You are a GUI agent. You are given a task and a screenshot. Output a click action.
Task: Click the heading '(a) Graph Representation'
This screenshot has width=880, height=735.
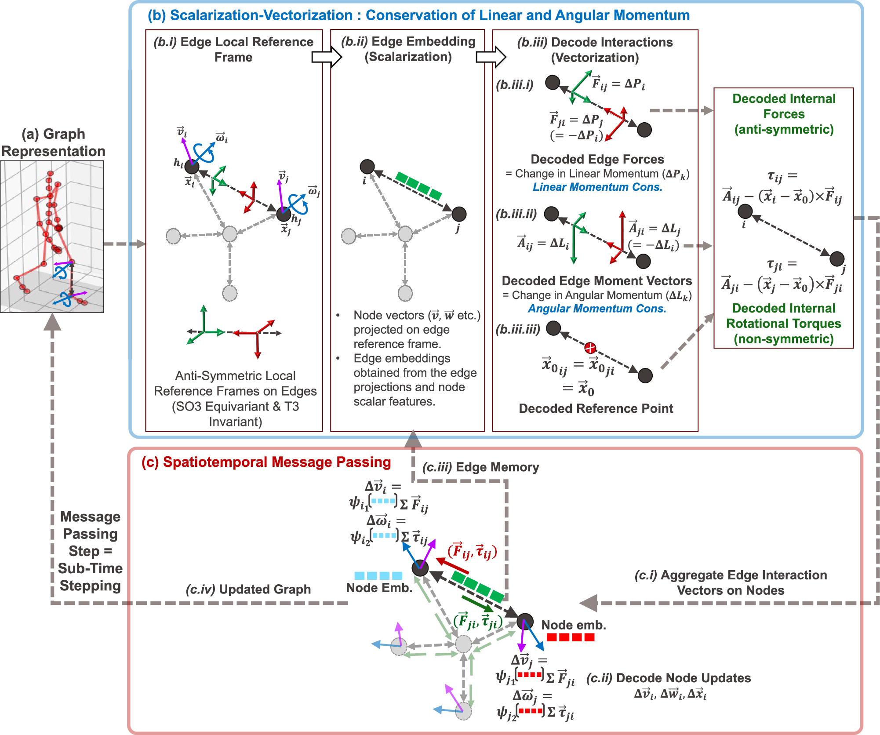pos(53,142)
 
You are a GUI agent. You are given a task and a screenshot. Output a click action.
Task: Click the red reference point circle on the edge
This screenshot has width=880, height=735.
pos(590,348)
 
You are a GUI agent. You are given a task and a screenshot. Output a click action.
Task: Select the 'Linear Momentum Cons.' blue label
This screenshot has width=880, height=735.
pos(597,187)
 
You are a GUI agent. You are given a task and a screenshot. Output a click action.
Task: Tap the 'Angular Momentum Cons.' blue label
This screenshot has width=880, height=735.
pos(597,309)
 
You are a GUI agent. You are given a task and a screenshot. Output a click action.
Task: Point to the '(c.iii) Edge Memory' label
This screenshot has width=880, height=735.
pos(480,467)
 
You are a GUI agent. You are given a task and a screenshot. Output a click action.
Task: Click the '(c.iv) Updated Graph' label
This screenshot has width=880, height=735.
pos(248,589)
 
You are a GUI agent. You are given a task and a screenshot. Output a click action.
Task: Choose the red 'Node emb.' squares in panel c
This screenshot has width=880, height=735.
pos(570,637)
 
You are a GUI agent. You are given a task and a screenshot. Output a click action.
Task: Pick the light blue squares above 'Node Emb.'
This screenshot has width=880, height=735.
pos(378,576)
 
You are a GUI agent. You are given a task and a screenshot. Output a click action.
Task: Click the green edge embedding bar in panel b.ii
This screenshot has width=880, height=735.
pos(418,186)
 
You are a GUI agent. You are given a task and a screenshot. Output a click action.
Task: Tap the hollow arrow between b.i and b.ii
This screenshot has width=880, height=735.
pos(326,57)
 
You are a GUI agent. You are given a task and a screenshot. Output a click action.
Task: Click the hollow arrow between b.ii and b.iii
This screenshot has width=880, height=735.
pos(491,57)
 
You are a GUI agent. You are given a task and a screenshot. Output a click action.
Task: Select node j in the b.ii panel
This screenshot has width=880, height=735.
pos(459,214)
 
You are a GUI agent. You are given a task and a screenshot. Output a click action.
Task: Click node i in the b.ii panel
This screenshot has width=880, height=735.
pos(367,167)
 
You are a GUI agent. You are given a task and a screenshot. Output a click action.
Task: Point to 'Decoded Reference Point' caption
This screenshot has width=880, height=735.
pos(596,409)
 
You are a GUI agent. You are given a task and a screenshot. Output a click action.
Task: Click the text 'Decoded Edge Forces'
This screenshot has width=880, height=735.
pos(597,159)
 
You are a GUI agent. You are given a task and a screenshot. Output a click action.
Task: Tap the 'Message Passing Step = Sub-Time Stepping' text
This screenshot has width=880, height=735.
pos(90,551)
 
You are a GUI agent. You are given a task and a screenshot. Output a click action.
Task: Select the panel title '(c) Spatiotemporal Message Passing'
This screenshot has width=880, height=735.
pos(266,462)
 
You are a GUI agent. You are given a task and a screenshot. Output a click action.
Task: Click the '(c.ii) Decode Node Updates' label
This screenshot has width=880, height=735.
pos(668,678)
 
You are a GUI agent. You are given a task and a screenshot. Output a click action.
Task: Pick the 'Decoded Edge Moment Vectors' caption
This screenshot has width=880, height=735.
pos(596,281)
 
